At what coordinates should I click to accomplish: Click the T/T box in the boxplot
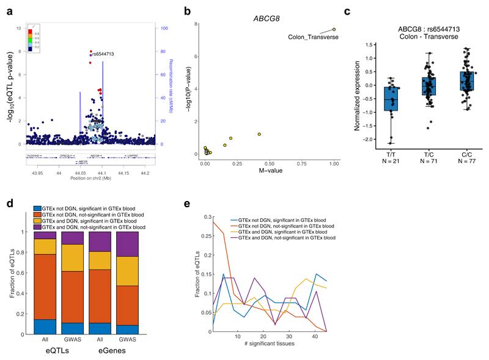[x=390, y=98]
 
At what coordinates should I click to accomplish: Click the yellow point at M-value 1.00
[x=334, y=29]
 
